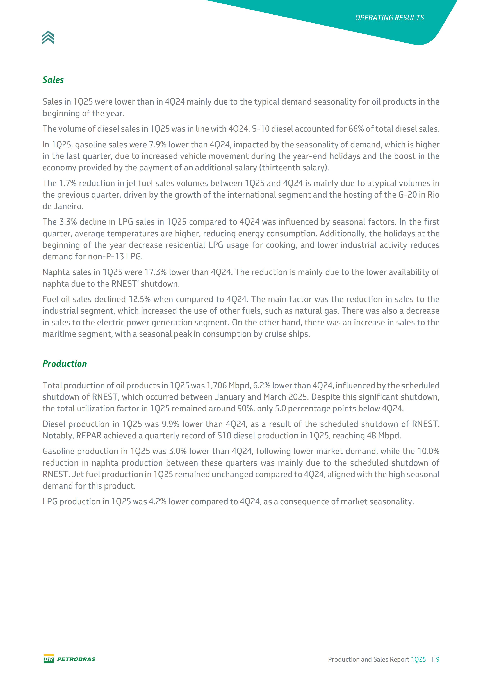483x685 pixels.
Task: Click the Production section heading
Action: (65, 364)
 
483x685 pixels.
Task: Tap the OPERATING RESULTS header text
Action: (389, 18)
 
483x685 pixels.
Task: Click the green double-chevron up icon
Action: (48, 38)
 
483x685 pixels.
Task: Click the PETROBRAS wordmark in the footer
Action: (76, 659)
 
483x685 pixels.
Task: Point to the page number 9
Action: (438, 659)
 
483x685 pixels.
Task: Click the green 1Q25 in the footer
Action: (418, 659)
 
